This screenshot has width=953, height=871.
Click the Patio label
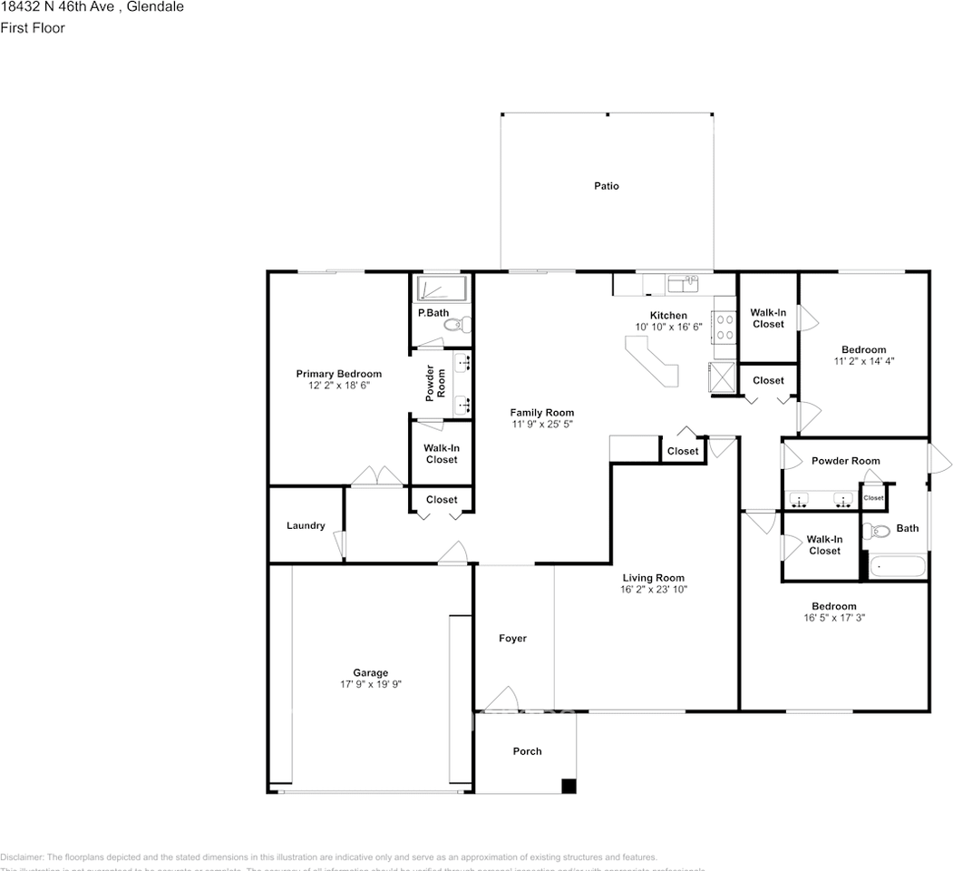point(607,186)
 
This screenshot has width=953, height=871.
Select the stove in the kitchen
point(725,326)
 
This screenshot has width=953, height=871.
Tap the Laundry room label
point(306,525)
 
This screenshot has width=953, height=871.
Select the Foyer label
point(512,639)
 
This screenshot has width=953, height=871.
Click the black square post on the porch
point(569,786)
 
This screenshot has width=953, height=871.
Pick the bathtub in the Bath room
point(898,568)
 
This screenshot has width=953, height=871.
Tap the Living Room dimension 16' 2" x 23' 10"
point(653,590)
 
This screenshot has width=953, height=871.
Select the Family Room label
point(541,412)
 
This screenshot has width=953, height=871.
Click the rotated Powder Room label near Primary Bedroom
point(436,384)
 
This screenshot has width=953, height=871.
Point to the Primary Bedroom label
point(339,374)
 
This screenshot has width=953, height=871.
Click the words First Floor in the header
point(33,28)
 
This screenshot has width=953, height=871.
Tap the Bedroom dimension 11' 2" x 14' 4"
point(863,361)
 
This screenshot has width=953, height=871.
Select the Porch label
point(527,751)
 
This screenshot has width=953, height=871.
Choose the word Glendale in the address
point(155,7)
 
